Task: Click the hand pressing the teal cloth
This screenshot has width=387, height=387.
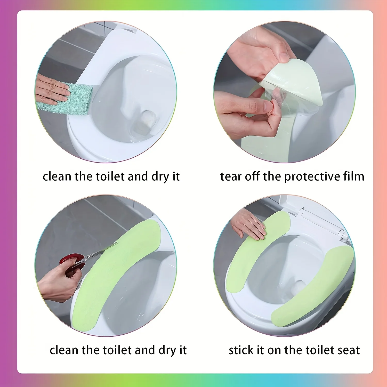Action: point(52,89)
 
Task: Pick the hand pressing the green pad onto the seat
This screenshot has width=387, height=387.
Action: point(249,224)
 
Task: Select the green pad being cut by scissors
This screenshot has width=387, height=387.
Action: point(116,273)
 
